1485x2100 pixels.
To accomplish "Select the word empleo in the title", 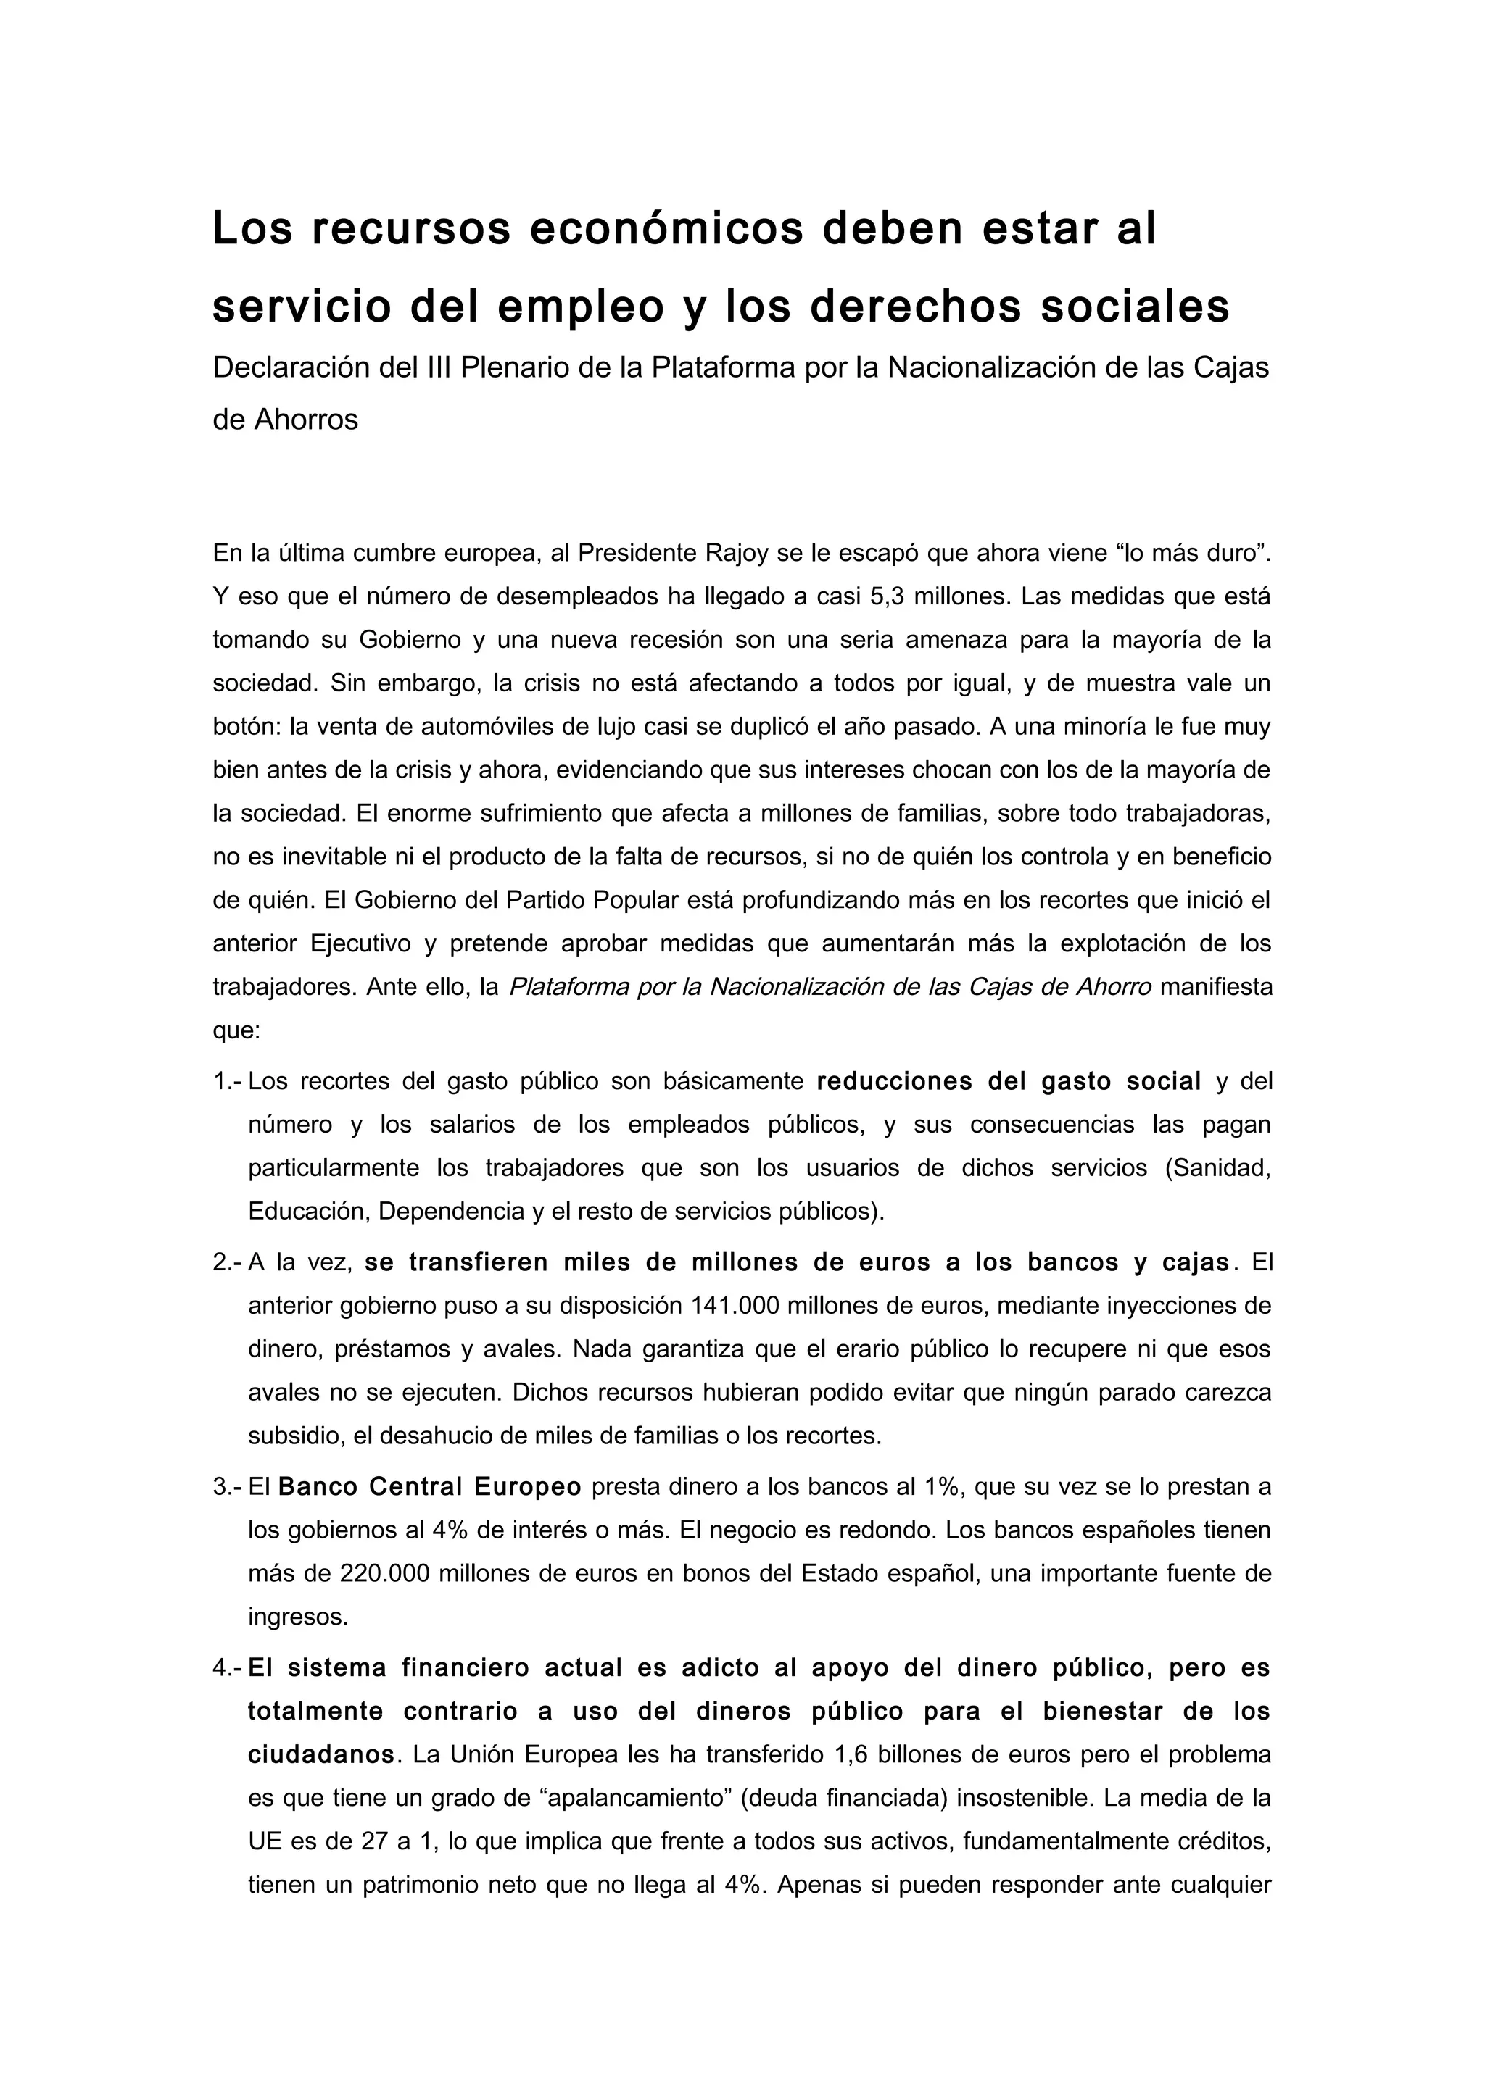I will click(x=580, y=307).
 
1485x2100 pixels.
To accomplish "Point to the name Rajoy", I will click(x=736, y=554).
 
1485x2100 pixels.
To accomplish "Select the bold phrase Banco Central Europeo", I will click(x=429, y=1487).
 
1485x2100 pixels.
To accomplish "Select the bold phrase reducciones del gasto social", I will click(x=1009, y=1082).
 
